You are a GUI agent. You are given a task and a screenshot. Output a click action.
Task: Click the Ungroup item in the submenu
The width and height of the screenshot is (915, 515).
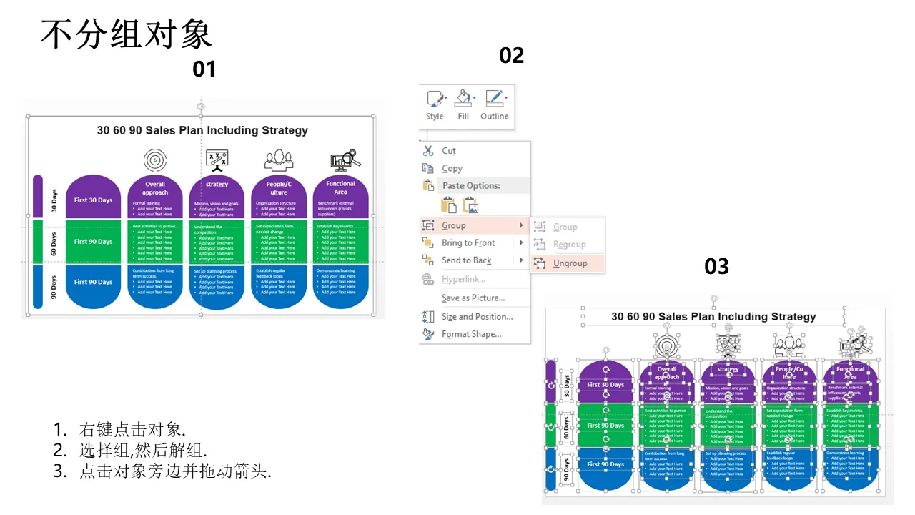pyautogui.click(x=570, y=263)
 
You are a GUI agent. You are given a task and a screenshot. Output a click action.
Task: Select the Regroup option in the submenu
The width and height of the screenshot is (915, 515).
pyautogui.click(x=569, y=245)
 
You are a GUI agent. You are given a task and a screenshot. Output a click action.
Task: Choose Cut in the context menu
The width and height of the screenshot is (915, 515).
pyautogui.click(x=448, y=151)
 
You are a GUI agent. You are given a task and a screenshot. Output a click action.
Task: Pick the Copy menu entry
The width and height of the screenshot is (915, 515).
pyautogui.click(x=452, y=169)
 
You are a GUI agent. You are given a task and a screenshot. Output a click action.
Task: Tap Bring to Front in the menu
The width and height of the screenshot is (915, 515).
pyautogui.click(x=468, y=243)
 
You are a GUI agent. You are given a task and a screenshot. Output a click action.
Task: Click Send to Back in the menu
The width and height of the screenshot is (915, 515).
pyautogui.click(x=466, y=260)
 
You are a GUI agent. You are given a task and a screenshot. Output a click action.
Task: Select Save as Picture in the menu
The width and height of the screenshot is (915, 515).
pyautogui.click(x=473, y=298)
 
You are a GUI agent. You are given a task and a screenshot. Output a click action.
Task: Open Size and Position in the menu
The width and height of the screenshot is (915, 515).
pyautogui.click(x=477, y=317)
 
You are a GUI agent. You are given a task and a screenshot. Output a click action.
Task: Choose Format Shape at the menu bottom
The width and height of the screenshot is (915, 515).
pyautogui.click(x=471, y=334)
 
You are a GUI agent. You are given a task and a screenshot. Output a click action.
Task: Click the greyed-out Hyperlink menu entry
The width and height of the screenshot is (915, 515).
pyautogui.click(x=463, y=279)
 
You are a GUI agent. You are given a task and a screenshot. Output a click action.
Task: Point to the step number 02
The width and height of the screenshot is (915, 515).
pyautogui.click(x=511, y=55)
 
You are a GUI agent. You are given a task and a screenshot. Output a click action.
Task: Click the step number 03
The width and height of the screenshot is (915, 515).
pyautogui.click(x=716, y=267)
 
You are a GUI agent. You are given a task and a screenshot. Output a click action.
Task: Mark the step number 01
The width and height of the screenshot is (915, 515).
pyautogui.click(x=204, y=69)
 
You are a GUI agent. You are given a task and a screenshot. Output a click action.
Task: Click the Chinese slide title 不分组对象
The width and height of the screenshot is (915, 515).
pyautogui.click(x=126, y=34)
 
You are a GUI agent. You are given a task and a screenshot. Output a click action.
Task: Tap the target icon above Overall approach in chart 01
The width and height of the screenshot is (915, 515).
pyautogui.click(x=154, y=160)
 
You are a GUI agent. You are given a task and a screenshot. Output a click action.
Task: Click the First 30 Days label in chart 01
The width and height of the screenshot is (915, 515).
pyautogui.click(x=93, y=200)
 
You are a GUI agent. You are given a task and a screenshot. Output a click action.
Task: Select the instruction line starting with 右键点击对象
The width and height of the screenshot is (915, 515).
pyautogui.click(x=132, y=430)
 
